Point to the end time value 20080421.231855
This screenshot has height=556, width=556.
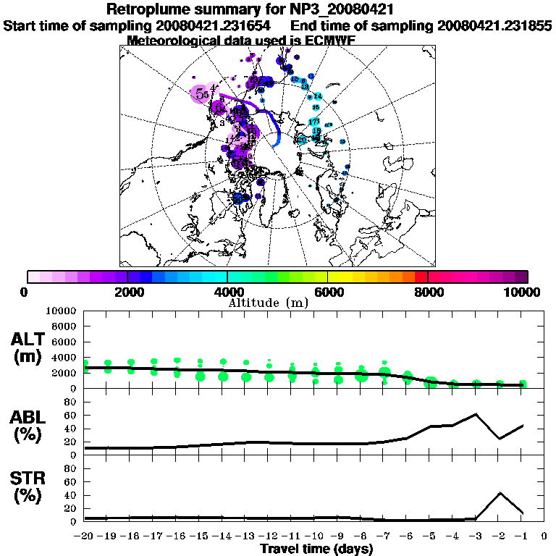(495, 25)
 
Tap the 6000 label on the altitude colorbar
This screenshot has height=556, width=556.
(327, 292)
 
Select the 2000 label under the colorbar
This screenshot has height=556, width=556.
(127, 292)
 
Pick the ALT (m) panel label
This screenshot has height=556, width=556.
(30, 348)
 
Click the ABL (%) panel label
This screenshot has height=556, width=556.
(30, 426)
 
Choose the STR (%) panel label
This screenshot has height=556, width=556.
(30, 486)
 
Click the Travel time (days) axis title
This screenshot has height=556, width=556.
(316, 549)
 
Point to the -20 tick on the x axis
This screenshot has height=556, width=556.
(85, 536)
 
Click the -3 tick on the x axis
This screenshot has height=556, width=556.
(476, 536)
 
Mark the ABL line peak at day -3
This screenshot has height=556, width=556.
(476, 414)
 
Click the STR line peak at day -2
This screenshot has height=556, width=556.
(500, 493)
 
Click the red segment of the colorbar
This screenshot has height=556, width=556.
(421, 277)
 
